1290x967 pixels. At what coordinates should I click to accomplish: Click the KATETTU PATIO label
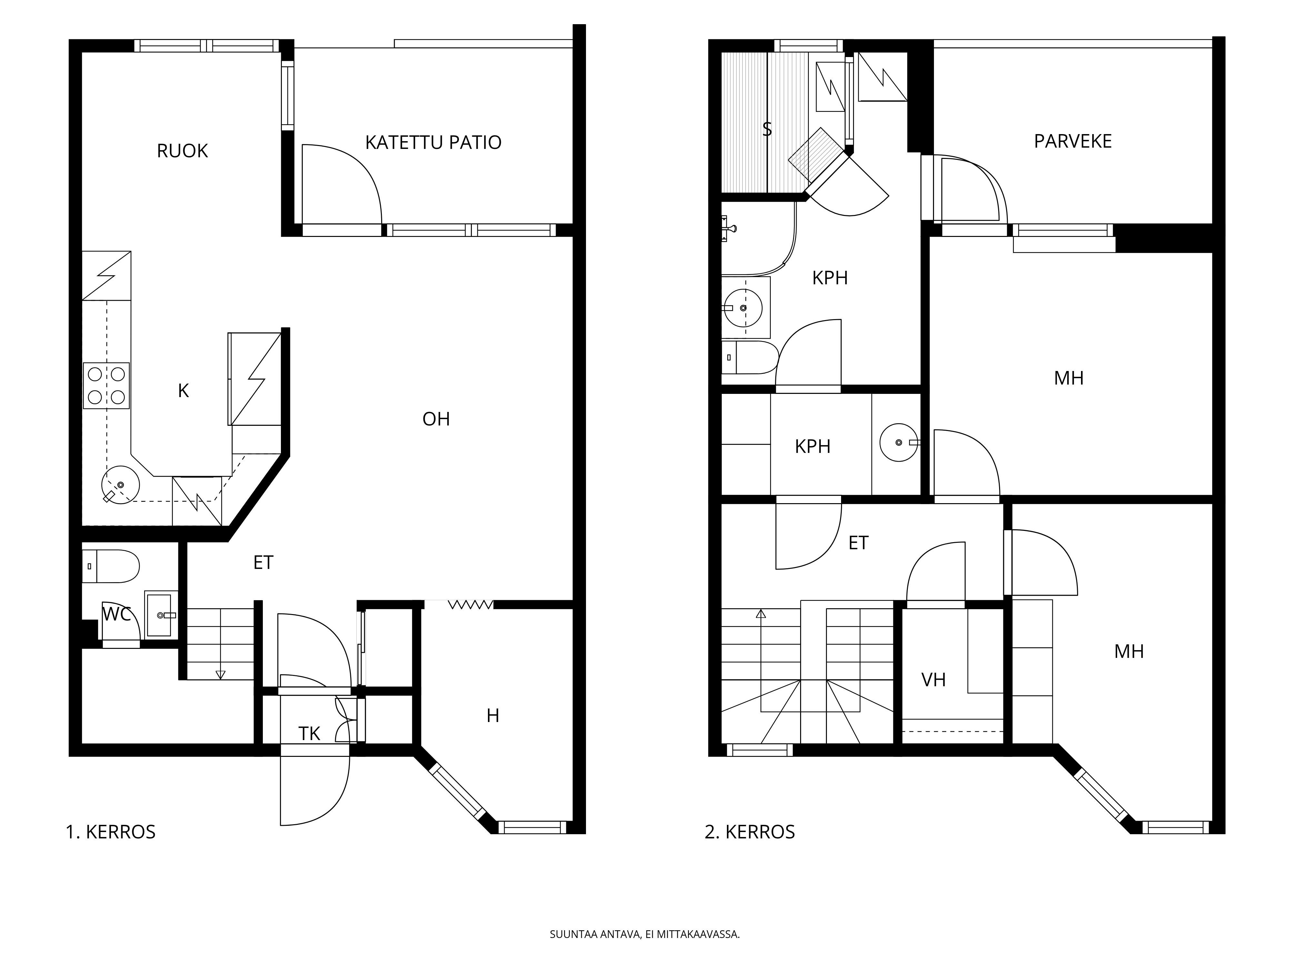(x=433, y=142)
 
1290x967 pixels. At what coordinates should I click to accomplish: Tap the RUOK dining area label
(x=183, y=151)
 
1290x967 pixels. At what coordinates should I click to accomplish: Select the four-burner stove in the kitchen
(x=106, y=385)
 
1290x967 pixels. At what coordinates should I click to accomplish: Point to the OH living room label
(x=436, y=419)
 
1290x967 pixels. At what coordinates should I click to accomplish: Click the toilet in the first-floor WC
(x=111, y=566)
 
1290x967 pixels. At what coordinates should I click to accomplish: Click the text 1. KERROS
(x=111, y=832)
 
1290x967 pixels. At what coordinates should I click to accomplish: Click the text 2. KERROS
(x=750, y=832)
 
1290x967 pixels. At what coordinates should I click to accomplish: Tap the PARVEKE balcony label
(x=1073, y=141)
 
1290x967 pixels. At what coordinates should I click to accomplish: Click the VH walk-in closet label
(x=934, y=679)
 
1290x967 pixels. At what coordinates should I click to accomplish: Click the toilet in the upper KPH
(x=750, y=357)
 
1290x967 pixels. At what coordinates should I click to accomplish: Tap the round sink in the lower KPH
(x=899, y=443)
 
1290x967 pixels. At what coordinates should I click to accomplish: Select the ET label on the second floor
(x=858, y=543)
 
